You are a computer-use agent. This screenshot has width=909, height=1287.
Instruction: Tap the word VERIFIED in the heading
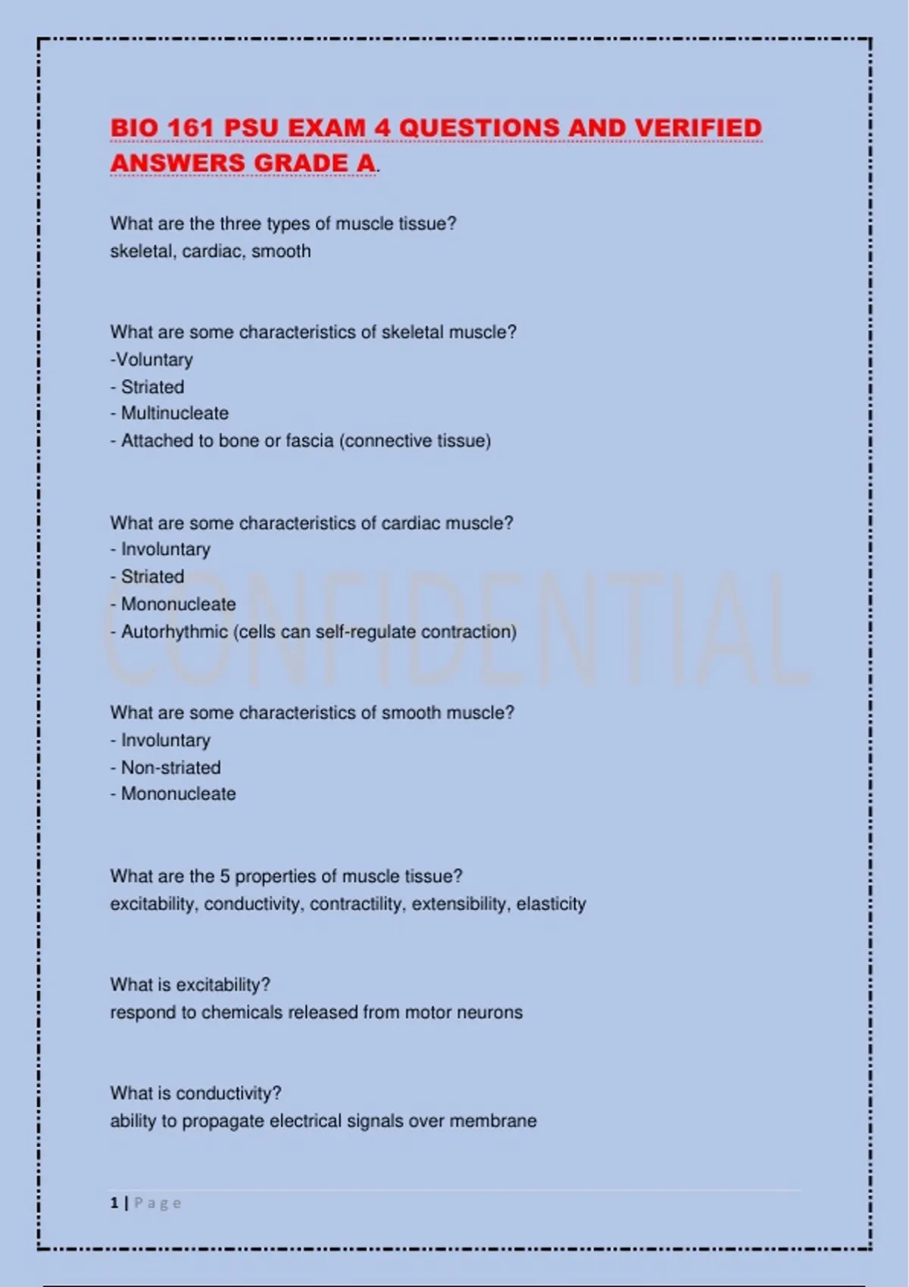click(x=698, y=128)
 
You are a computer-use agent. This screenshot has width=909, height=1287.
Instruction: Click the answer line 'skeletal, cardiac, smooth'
click(x=211, y=251)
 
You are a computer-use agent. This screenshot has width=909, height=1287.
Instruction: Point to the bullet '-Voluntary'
click(x=151, y=360)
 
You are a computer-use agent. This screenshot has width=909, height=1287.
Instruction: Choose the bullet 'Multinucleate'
click(x=174, y=413)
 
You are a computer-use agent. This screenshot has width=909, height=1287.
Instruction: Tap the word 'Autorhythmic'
click(x=174, y=631)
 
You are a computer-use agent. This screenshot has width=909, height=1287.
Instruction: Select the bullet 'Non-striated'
click(x=170, y=767)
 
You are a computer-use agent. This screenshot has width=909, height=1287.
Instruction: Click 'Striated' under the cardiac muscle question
click(x=152, y=577)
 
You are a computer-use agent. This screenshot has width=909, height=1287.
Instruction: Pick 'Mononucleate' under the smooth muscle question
click(x=178, y=794)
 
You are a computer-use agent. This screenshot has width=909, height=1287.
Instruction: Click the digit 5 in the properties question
click(x=225, y=877)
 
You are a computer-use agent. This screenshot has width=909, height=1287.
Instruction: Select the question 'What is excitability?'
click(x=190, y=985)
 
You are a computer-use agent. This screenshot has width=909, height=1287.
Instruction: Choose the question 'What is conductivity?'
click(x=195, y=1093)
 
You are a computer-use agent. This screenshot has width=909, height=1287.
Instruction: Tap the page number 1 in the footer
click(x=114, y=1203)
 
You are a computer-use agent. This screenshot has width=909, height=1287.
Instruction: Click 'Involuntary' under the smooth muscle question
click(x=165, y=740)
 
